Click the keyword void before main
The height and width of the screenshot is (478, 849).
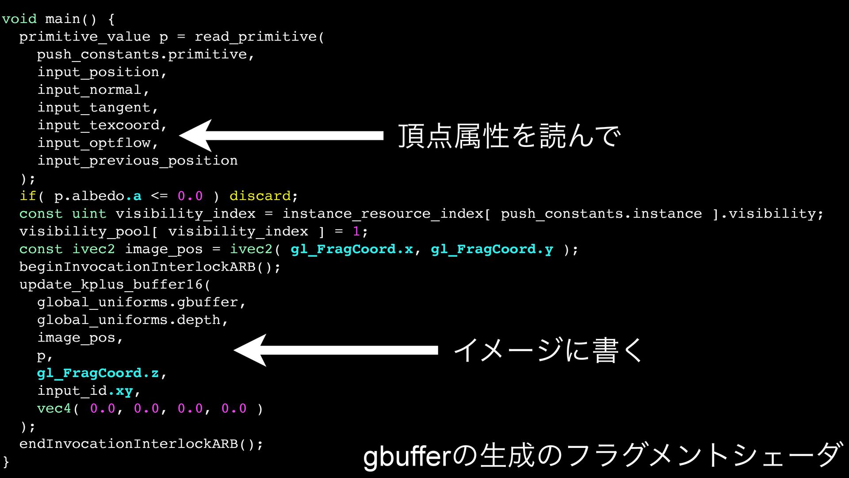[x=19, y=19]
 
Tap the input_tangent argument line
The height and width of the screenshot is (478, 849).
[x=97, y=108]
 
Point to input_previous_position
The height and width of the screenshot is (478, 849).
[x=137, y=161]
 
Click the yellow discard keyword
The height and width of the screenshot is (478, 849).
[x=260, y=196]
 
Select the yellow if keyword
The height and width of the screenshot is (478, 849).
[x=28, y=196]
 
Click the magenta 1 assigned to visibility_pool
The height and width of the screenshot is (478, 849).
[x=356, y=231]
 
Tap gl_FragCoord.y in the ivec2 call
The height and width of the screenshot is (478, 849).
[x=492, y=249]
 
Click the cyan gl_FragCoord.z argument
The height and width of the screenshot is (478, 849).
[x=98, y=373]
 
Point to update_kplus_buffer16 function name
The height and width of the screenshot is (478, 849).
[x=111, y=285]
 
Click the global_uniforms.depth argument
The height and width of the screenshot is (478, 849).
[x=132, y=320]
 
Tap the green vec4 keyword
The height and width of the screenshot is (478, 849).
[x=54, y=409]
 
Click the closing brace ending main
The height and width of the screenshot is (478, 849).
[x=6, y=462]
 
